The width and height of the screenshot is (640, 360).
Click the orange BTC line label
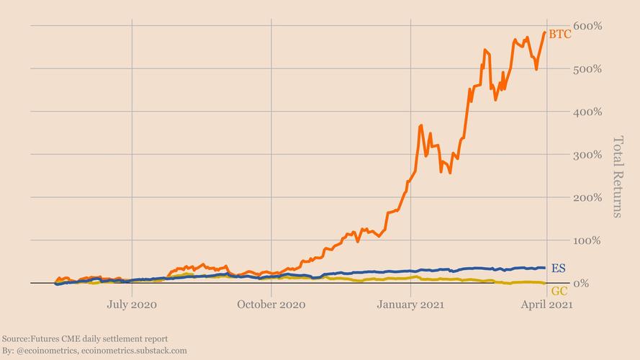(559, 34)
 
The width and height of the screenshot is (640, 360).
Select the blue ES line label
(558, 268)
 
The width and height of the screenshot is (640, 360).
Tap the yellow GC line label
(559, 291)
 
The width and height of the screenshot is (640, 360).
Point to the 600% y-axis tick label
(588, 26)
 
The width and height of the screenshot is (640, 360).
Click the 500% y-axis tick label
(588, 69)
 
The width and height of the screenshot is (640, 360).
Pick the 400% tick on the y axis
(588, 112)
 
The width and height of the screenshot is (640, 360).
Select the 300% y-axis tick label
(588, 155)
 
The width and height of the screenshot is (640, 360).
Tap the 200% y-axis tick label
(588, 197)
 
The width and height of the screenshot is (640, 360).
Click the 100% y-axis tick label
(588, 240)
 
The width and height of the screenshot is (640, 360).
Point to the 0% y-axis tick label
(582, 283)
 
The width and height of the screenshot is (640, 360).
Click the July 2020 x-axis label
(132, 305)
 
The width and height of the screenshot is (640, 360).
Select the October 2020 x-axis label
(271, 305)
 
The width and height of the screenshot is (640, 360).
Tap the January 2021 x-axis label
(410, 305)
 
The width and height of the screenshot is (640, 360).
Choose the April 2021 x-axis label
(546, 305)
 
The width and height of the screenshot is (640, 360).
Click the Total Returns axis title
(617, 176)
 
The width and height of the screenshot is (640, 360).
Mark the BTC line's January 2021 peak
(421, 126)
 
